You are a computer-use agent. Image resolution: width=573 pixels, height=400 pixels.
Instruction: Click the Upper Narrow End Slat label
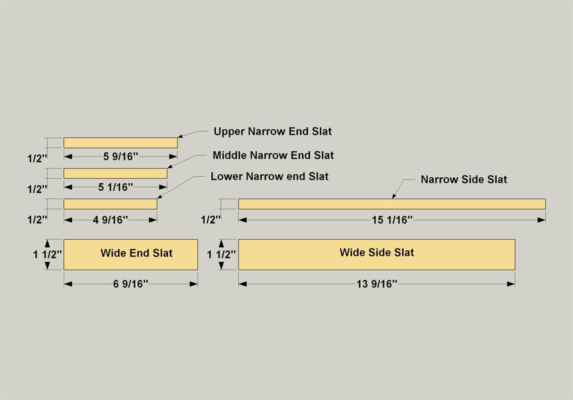pyautogui.click(x=272, y=131)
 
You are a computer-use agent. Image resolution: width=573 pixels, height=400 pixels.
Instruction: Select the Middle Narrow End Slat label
pyautogui.click(x=273, y=155)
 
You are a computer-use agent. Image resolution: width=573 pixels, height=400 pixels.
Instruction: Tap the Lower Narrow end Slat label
pyautogui.click(x=269, y=176)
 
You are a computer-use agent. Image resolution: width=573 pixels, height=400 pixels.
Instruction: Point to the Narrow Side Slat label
pyautogui.click(x=463, y=179)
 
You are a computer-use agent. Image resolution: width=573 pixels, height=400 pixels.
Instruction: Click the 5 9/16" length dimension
pyautogui.click(x=120, y=156)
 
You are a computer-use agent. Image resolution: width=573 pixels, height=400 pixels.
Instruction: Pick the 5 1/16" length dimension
pyautogui.click(x=115, y=187)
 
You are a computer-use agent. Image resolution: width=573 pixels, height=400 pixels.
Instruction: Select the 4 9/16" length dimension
pyautogui.click(x=110, y=219)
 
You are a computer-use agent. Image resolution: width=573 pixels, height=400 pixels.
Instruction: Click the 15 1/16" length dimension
pyautogui.click(x=392, y=220)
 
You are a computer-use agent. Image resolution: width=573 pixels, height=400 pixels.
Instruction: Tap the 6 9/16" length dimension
pyautogui.click(x=130, y=284)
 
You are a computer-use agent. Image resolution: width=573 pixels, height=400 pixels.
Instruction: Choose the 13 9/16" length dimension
pyautogui.click(x=377, y=284)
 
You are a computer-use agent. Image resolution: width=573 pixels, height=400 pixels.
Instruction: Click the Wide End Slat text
pyautogui.click(x=136, y=253)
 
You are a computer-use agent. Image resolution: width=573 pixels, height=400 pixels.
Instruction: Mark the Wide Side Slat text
pyautogui.click(x=377, y=252)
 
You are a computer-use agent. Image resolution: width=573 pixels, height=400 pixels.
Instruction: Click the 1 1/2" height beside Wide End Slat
pyautogui.click(x=47, y=254)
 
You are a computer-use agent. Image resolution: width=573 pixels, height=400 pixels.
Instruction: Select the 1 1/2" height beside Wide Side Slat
pyautogui.click(x=221, y=254)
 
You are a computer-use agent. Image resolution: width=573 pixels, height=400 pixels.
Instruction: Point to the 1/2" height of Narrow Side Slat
pyautogui.click(x=211, y=219)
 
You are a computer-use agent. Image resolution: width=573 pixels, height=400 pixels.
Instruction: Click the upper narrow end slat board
pyautogui.click(x=120, y=143)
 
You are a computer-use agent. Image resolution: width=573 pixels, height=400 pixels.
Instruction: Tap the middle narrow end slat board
pyautogui.click(x=115, y=173)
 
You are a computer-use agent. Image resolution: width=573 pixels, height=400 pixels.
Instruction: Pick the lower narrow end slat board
pyautogui.click(x=110, y=204)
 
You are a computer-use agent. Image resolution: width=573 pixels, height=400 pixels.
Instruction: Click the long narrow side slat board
pyautogui.click(x=392, y=204)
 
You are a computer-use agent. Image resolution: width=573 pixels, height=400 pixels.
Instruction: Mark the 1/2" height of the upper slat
pyautogui.click(x=37, y=158)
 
